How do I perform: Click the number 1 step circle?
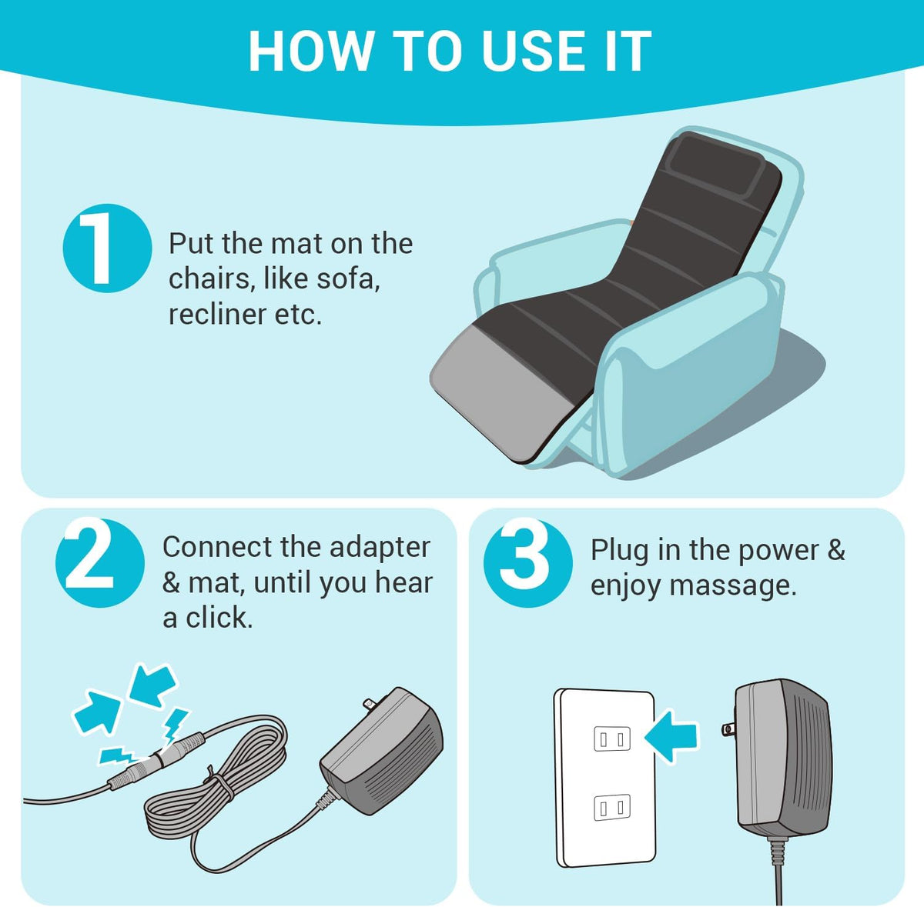click(x=107, y=248)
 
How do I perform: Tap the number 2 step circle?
click(x=100, y=563)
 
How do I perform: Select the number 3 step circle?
click(x=527, y=563)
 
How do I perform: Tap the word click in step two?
click(x=219, y=618)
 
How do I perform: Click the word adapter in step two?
click(x=380, y=549)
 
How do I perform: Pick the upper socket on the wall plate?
click(x=612, y=739)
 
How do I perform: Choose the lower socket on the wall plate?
click(x=612, y=807)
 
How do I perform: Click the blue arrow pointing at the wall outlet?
click(x=671, y=736)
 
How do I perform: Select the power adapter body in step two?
click(x=382, y=752)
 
